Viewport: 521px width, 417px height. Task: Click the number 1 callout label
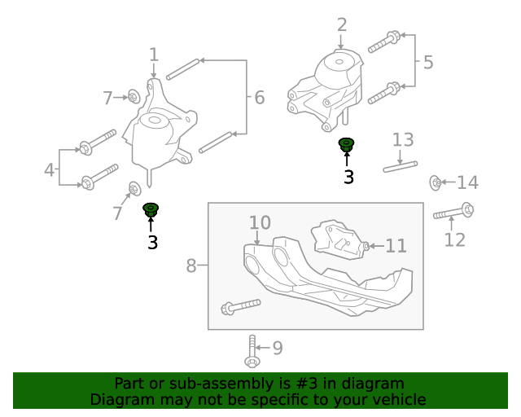(154, 55)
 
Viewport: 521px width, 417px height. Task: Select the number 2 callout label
(341, 25)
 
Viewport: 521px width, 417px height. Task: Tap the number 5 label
(428, 62)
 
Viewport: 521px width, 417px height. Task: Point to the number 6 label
(259, 98)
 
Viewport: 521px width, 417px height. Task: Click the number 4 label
(50, 171)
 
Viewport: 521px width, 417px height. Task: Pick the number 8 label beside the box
(192, 266)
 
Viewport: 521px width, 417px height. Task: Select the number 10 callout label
(260, 222)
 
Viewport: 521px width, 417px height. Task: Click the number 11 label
(395, 245)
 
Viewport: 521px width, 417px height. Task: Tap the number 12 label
(454, 239)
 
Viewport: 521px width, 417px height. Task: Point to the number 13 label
(404, 139)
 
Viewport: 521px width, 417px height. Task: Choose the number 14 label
(467, 182)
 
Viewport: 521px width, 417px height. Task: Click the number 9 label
(277, 349)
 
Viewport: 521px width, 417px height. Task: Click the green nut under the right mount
(347, 145)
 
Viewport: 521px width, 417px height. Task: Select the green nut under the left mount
(151, 210)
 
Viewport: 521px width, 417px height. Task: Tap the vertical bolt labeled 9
(252, 352)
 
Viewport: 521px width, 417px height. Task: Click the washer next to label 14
(436, 182)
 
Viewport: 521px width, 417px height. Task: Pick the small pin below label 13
(401, 167)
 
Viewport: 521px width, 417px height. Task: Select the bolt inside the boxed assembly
(240, 307)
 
